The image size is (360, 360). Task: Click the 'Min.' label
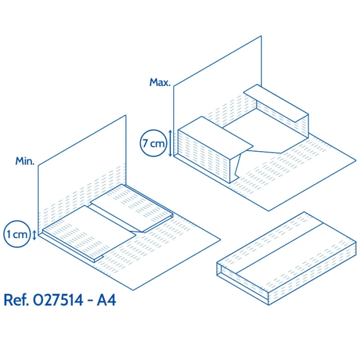coord(25,161)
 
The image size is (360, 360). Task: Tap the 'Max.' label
coord(160,82)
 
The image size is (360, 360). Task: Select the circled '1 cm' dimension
coord(17,234)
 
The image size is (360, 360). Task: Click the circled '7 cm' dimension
coord(153,143)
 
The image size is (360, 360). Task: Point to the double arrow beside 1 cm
coord(34,235)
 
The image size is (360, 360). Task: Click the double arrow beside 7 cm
coord(170,143)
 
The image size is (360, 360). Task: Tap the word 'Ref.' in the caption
coord(16,300)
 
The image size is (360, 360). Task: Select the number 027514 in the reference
coord(58,300)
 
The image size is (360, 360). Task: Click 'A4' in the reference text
coord(106,300)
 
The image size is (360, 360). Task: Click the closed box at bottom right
coord(286,258)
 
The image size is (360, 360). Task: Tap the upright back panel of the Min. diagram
coord(82,174)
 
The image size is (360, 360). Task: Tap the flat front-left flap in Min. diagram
coord(89,233)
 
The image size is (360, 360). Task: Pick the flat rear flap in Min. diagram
coord(132,208)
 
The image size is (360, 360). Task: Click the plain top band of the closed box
coord(296,248)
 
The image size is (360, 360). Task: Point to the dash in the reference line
coord(90,301)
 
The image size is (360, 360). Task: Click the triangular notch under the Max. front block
coord(238,166)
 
